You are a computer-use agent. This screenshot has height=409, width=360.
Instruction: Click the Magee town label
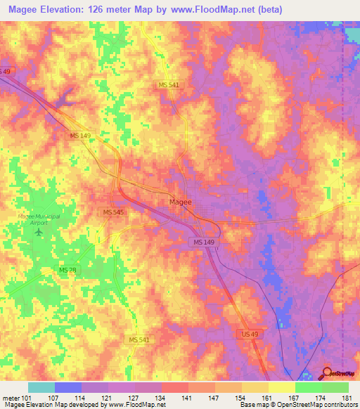[x=180, y=202]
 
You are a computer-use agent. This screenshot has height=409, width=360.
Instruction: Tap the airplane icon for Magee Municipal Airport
[x=39, y=231]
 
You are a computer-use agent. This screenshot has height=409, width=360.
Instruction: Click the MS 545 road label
[x=113, y=212]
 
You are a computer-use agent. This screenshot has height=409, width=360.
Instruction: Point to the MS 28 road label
[x=67, y=271]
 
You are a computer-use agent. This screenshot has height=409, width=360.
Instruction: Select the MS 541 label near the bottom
[x=139, y=339]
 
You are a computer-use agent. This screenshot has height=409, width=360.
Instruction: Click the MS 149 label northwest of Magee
[x=81, y=136]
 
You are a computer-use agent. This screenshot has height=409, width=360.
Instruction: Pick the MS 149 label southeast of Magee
[x=203, y=242]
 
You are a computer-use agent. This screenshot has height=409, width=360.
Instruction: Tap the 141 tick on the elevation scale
[x=188, y=398]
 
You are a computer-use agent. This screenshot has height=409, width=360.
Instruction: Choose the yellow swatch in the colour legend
[x=281, y=387]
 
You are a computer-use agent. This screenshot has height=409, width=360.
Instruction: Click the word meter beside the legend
[x=10, y=398]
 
